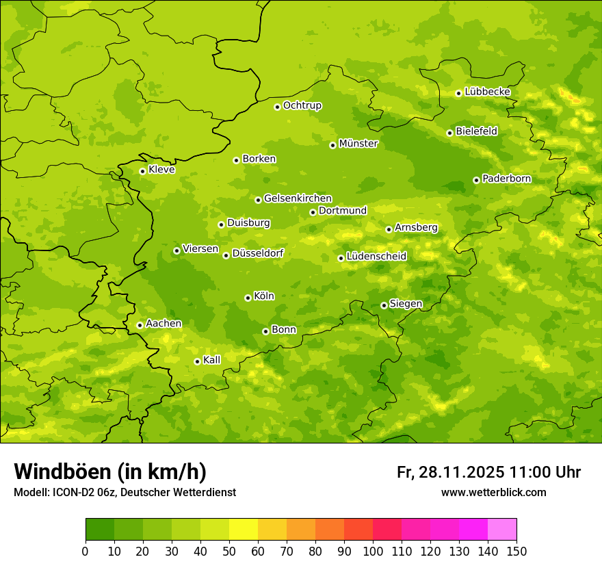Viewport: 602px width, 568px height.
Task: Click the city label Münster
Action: point(358,144)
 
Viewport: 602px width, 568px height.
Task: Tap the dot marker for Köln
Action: point(248,298)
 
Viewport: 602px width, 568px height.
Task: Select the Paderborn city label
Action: point(507,179)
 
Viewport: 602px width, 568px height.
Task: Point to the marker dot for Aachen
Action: point(140,325)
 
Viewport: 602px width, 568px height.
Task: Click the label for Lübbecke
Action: point(487,92)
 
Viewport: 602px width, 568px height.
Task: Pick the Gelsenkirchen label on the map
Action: point(298,198)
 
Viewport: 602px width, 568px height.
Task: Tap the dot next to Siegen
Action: point(384,305)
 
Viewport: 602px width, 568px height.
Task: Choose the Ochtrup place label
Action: point(302,105)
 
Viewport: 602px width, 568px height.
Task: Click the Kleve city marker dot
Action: point(142,171)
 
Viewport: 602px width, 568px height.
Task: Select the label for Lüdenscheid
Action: point(376,257)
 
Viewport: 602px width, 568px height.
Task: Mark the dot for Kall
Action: point(197,361)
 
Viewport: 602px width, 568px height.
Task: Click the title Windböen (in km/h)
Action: point(110,472)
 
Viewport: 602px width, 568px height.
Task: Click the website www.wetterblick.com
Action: point(493,492)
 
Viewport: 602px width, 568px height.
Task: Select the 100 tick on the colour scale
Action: point(373,551)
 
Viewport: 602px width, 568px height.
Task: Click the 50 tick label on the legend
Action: point(228,551)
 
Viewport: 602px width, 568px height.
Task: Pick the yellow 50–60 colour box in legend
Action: point(244,530)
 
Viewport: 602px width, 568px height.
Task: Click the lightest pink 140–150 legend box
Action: point(502,530)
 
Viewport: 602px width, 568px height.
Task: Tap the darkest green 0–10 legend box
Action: point(100,530)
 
